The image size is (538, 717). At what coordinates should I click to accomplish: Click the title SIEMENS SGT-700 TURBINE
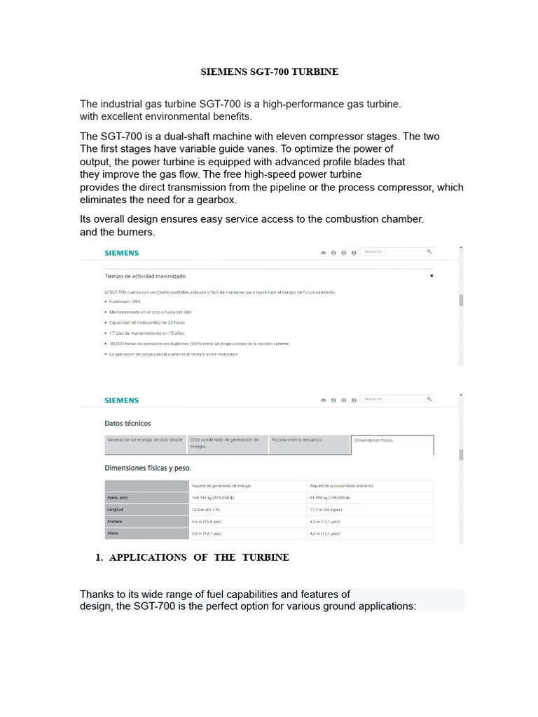pyautogui.click(x=270, y=72)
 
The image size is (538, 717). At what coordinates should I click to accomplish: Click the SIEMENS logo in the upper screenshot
pyautogui.click(x=121, y=253)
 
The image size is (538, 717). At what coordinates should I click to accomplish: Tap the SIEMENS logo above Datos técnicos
pyautogui.click(x=121, y=401)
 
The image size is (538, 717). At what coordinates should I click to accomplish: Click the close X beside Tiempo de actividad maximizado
pyautogui.click(x=432, y=276)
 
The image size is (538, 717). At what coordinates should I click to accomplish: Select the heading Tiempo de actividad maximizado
pyautogui.click(x=145, y=277)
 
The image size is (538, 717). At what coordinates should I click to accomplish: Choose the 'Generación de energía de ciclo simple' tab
pyautogui.click(x=145, y=440)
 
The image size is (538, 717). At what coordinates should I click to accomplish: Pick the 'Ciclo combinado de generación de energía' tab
pyautogui.click(x=228, y=443)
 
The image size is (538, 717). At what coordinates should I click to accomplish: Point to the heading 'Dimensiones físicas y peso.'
pyautogui.click(x=148, y=468)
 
